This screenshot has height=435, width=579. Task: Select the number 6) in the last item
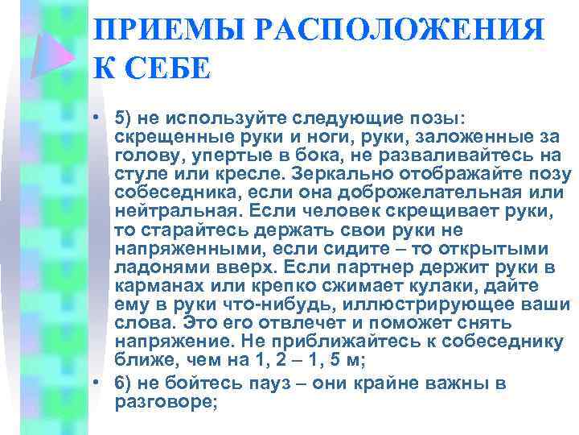pos(125,383)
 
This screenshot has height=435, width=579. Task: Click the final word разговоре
pos(165,401)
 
